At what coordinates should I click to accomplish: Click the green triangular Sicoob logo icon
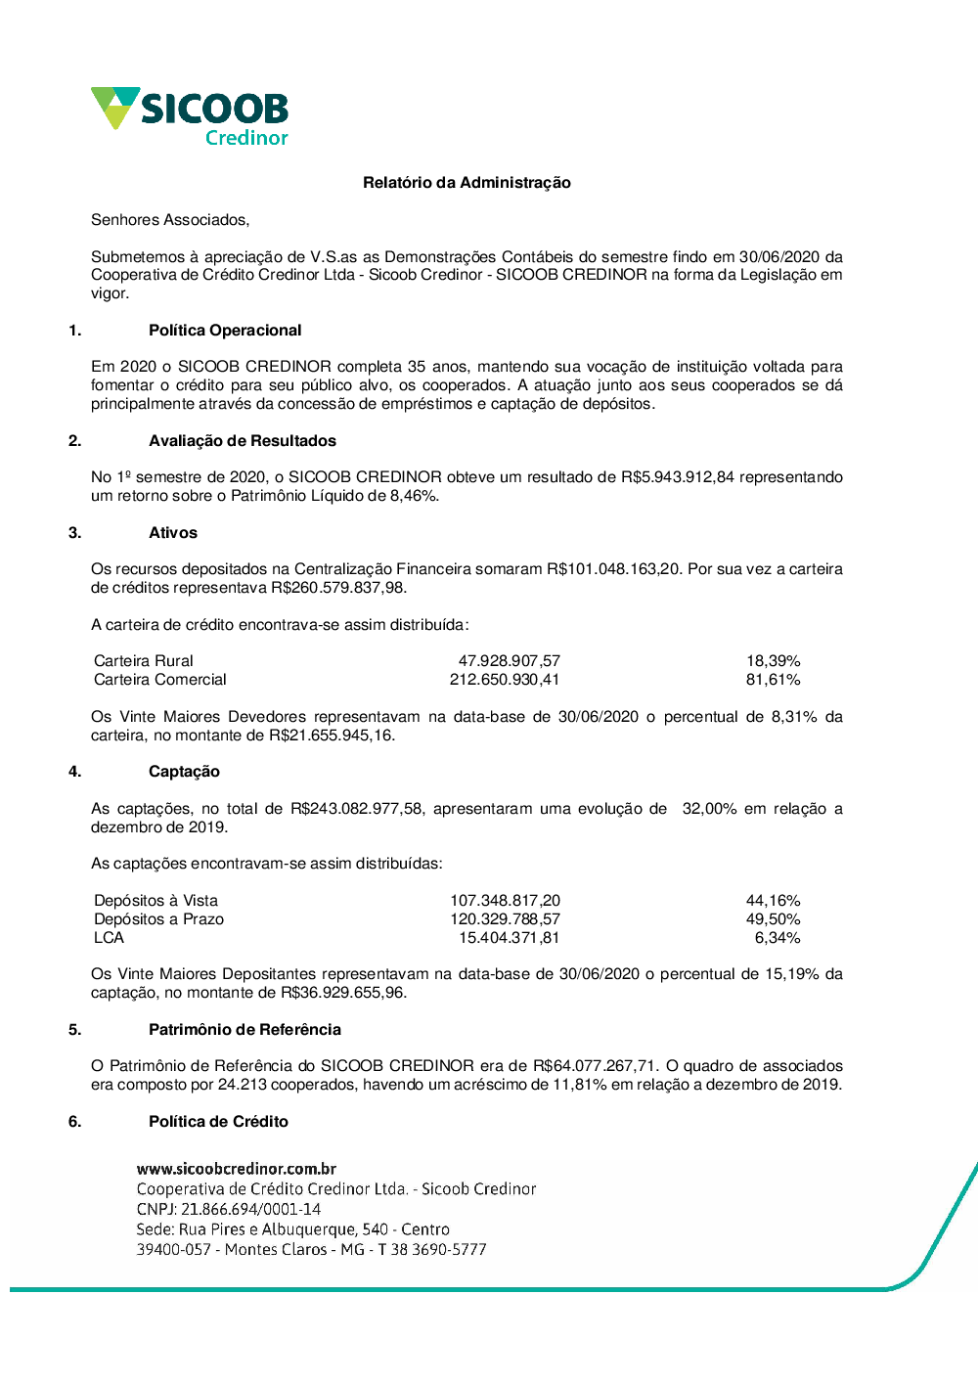(x=114, y=106)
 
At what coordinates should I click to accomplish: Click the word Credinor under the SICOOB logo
(x=246, y=138)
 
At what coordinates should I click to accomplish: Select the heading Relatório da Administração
(x=467, y=183)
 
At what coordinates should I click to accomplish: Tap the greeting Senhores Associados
(x=170, y=220)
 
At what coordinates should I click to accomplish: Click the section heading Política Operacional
(x=225, y=331)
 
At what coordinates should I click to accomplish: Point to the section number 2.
(x=75, y=441)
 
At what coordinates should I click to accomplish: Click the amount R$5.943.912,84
(x=677, y=477)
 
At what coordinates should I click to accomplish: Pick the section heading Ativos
(x=173, y=533)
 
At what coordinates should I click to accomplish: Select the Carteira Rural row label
(x=144, y=661)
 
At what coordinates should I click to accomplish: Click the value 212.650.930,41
(x=505, y=680)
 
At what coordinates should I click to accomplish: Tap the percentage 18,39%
(x=773, y=661)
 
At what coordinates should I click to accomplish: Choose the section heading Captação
(x=184, y=772)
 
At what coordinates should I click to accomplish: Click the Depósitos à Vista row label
(x=156, y=901)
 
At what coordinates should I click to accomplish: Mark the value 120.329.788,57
(x=505, y=919)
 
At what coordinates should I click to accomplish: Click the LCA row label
(x=110, y=938)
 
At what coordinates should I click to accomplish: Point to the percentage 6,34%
(x=777, y=938)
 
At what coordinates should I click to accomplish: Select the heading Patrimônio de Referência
(x=244, y=1030)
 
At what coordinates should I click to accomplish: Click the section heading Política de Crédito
(x=218, y=1122)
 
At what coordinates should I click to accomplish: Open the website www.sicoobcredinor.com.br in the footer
(x=237, y=1169)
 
